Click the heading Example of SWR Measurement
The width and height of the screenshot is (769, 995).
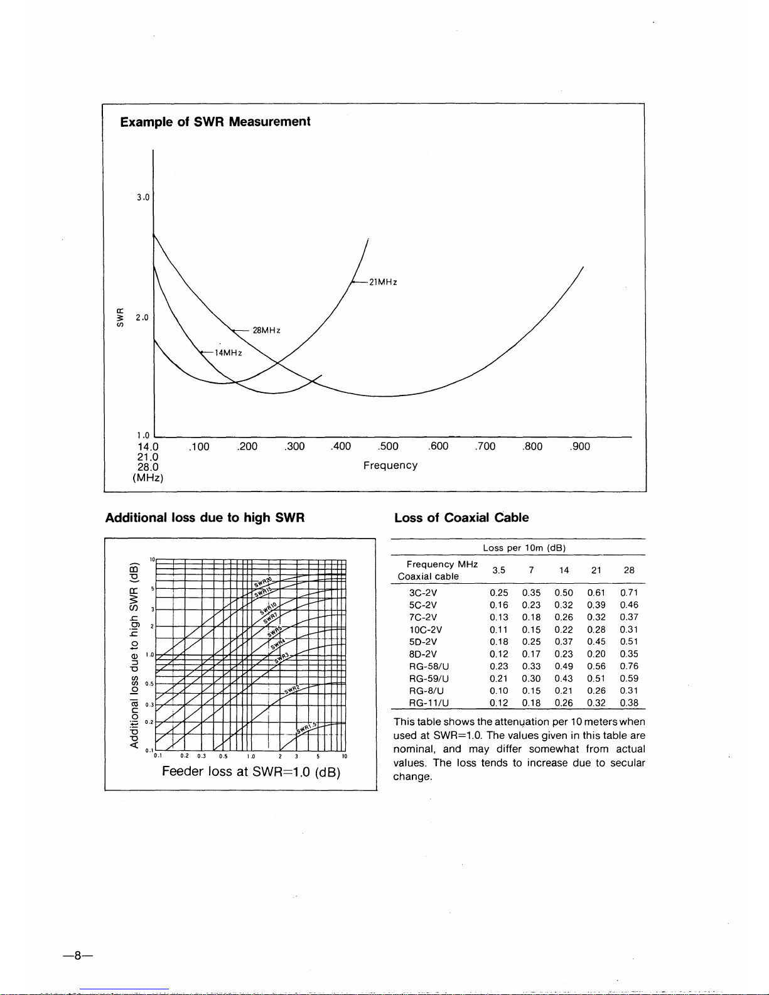tap(215, 122)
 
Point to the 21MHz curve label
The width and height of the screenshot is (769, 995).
tap(383, 282)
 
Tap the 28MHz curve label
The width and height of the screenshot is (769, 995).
tap(266, 330)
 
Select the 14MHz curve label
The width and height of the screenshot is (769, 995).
tap(229, 353)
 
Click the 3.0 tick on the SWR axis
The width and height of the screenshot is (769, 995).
tap(143, 197)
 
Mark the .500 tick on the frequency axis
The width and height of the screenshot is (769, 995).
tap(389, 446)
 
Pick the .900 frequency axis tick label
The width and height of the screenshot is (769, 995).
tap(580, 446)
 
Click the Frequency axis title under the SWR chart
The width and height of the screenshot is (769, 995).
tap(390, 465)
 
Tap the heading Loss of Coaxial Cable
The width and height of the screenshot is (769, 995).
tap(461, 518)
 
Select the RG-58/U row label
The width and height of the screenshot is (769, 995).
tap(429, 666)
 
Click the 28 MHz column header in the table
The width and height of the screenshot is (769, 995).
tap(629, 570)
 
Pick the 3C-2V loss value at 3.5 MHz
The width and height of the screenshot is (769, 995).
tap(499, 593)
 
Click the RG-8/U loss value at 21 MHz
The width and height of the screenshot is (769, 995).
tap(596, 691)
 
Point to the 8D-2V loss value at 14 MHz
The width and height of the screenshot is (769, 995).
tap(564, 654)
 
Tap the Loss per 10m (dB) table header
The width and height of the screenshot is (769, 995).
tap(524, 547)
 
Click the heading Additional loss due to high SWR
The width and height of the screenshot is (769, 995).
tap(205, 518)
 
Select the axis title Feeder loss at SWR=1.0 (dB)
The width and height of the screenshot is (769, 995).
tap(251, 772)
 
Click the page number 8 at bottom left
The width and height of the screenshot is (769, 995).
tap(78, 956)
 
